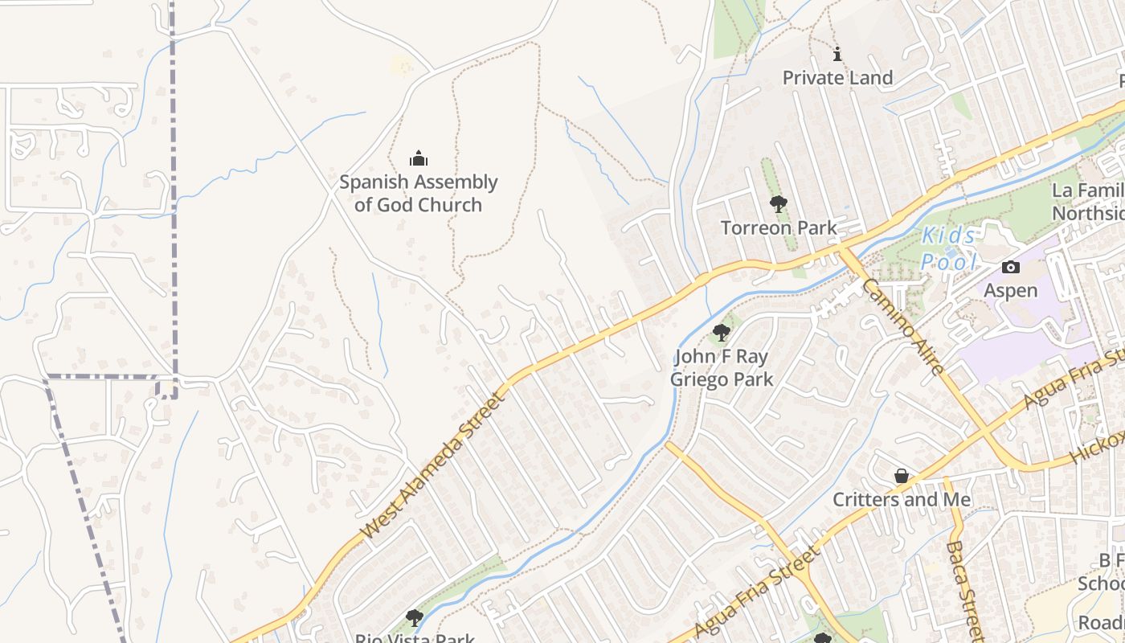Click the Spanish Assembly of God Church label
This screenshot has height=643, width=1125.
[418, 194]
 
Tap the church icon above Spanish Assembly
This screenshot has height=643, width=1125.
[418, 158]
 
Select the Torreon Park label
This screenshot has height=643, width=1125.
[779, 228]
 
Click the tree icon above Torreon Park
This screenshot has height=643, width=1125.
[778, 204]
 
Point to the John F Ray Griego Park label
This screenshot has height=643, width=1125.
[721, 368]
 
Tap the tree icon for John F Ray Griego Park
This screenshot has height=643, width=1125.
[721, 333]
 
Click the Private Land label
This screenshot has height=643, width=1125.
[837, 78]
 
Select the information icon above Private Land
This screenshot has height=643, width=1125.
[837, 55]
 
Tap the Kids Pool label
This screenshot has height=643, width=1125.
[949, 248]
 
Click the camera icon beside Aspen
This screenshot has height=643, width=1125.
[1011, 268]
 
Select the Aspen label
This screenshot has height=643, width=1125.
[1011, 290]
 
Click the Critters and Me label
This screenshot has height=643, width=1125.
[902, 500]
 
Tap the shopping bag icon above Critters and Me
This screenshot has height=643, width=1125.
[902, 477]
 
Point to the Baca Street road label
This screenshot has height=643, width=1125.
[964, 591]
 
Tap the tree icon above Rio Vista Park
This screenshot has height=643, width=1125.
[415, 618]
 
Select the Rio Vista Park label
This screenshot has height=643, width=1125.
[415, 637]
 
